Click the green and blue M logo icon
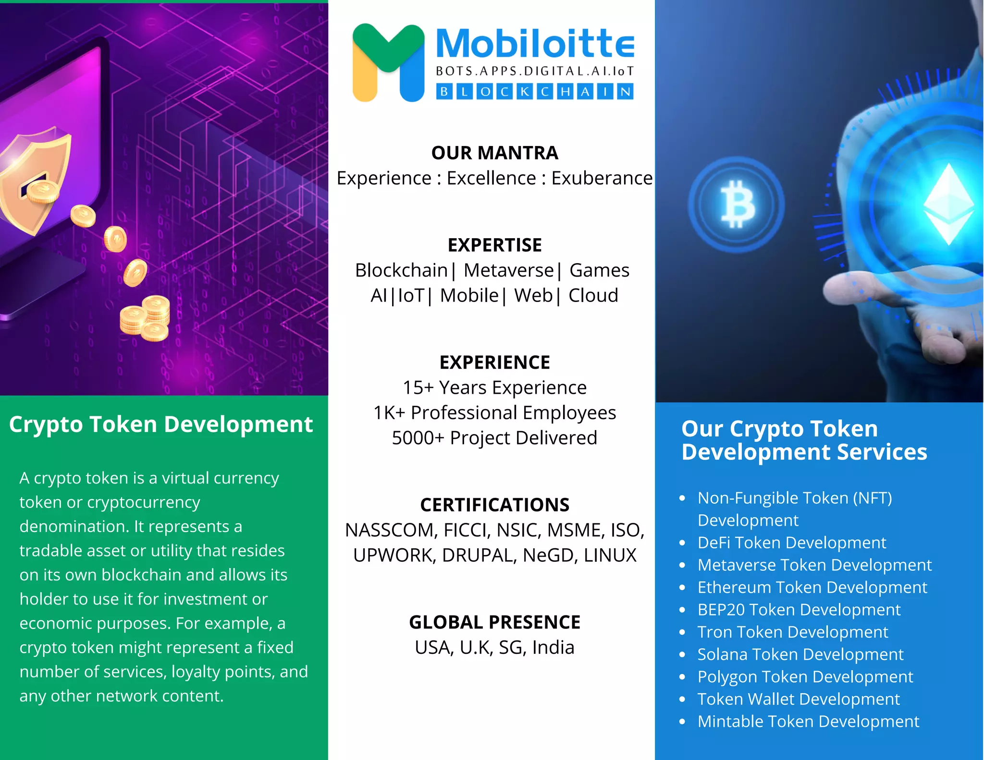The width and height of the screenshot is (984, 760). [388, 62]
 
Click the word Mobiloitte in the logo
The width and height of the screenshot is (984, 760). [534, 44]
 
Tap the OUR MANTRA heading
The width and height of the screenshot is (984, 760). [494, 153]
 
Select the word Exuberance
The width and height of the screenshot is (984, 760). [602, 178]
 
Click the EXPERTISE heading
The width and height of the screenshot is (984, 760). [494, 245]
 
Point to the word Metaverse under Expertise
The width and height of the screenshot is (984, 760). [508, 270]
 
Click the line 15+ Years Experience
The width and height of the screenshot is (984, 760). [494, 387]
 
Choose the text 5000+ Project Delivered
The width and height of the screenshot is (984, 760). [494, 438]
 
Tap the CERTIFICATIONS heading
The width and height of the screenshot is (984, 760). [494, 505]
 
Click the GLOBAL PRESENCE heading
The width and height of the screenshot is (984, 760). [494, 622]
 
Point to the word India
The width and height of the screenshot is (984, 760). [553, 648]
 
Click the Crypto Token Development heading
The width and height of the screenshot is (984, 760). [161, 424]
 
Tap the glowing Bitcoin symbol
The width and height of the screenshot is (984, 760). [737, 205]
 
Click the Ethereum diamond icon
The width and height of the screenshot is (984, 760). [948, 204]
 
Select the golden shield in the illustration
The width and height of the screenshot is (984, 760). [34, 178]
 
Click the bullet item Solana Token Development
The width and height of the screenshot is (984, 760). [800, 654]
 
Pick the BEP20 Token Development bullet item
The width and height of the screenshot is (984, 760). [799, 610]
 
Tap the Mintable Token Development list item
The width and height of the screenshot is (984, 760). [808, 722]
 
